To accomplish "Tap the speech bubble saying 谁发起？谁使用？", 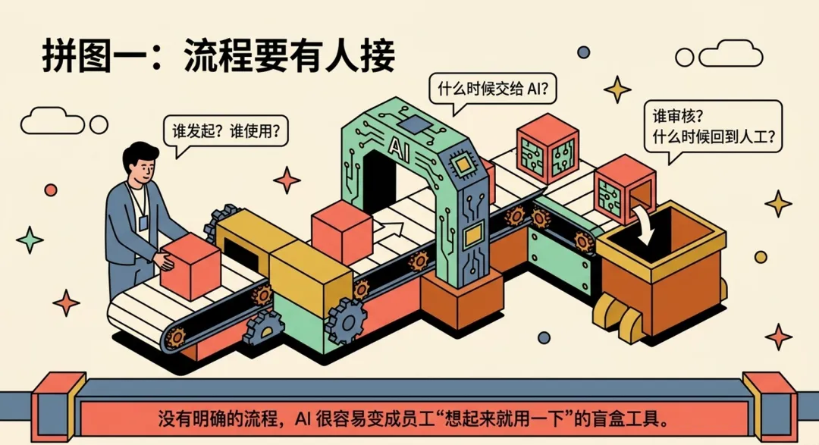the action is click(x=225, y=131).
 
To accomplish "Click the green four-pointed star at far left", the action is click(x=30, y=240).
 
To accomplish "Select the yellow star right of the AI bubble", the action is click(x=617, y=89).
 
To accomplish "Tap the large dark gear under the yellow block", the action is click(x=346, y=321).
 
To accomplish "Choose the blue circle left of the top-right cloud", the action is click(x=583, y=52).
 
